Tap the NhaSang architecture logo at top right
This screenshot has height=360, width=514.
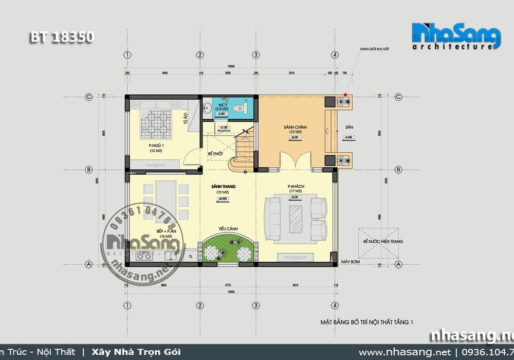(x=456, y=36)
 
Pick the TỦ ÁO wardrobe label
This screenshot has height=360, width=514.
(x=185, y=120)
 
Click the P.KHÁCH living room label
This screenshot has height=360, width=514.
(x=295, y=186)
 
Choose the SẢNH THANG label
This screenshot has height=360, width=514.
(x=222, y=186)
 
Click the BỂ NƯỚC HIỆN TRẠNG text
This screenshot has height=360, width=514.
(x=382, y=241)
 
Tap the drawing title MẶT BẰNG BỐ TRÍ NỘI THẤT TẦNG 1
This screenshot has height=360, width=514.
(x=366, y=322)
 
